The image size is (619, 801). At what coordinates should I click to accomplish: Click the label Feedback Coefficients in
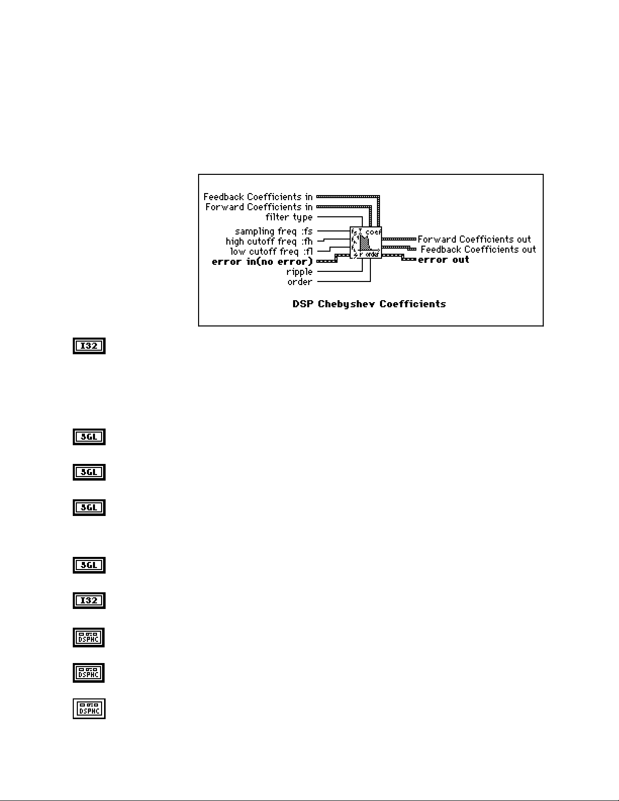point(258,197)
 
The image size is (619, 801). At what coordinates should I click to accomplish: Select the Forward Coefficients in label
point(259,207)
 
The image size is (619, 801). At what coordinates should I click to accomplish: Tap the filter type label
point(289,217)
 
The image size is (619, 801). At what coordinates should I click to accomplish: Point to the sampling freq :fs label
point(273,231)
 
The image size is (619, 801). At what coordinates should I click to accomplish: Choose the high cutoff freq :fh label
point(269,241)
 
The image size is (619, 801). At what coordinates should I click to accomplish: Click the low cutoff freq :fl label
point(271,251)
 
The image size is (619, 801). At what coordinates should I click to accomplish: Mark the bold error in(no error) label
point(262,261)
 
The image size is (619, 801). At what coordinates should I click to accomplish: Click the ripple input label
point(299,271)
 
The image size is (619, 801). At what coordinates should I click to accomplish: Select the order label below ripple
point(300,281)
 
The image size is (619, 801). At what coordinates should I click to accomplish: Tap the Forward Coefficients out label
point(474,239)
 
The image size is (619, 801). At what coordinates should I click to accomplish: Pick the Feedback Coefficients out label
point(478,249)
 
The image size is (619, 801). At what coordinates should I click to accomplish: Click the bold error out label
point(444,259)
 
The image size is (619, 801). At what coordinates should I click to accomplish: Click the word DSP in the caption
point(303,304)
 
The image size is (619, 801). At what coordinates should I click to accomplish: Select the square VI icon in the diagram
point(365,243)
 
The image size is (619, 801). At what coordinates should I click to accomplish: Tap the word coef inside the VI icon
point(373,231)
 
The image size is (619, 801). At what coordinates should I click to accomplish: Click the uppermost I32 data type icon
point(89,346)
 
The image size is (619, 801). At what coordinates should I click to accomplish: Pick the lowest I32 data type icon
point(89,600)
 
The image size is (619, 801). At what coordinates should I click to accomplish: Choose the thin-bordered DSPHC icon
point(89,709)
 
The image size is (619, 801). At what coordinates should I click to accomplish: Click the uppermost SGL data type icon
point(89,437)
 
